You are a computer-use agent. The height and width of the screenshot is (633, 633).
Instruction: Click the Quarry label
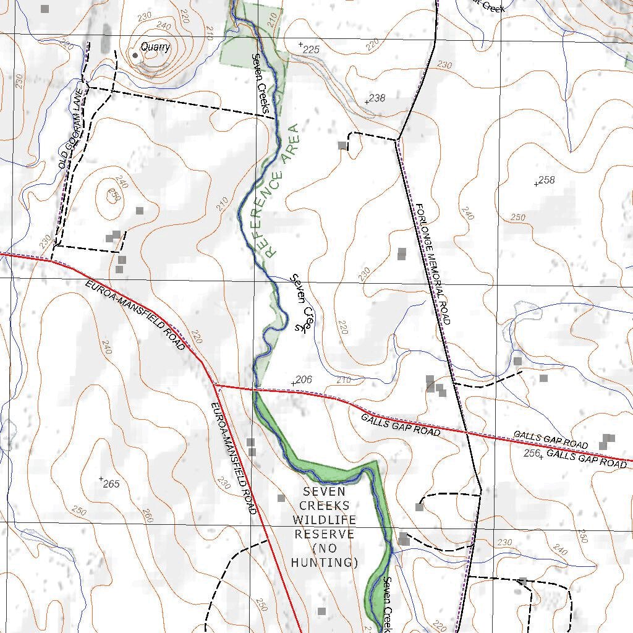tap(155, 46)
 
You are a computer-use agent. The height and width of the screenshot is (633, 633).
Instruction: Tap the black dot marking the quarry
tap(135, 55)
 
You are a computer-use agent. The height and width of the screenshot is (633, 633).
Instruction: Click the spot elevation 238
tap(376, 98)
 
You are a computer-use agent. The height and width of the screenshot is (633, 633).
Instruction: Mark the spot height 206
tap(303, 380)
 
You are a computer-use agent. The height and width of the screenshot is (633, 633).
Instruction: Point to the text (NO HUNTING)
tap(325, 555)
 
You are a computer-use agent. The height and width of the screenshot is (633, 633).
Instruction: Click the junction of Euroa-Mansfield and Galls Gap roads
tap(215, 384)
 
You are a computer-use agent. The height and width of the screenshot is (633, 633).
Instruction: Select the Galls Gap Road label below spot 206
tap(401, 425)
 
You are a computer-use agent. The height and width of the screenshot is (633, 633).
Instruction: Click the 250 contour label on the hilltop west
tap(113, 195)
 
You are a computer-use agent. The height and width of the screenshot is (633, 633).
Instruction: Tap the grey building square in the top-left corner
tap(45, 9)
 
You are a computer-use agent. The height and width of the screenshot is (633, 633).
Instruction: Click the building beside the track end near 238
tap(342, 145)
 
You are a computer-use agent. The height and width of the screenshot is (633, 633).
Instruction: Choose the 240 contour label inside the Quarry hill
tap(164, 25)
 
